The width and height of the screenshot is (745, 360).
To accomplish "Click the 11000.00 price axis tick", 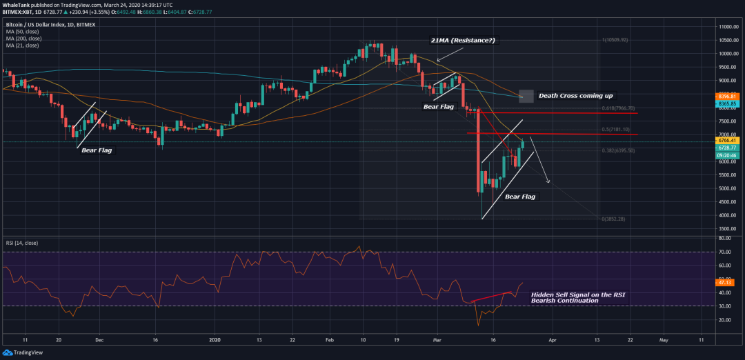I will coord(725,26).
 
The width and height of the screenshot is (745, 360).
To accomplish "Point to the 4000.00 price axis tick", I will coord(724,215).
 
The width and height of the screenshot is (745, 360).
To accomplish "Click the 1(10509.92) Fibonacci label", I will coord(615,39).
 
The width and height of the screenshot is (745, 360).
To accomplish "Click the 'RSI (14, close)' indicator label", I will coord(23,243).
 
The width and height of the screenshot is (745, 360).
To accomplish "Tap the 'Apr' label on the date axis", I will coord(551,340).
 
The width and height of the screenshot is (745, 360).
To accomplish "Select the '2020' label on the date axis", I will coord(215,340).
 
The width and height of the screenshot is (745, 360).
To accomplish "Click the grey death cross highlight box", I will coord(526,96).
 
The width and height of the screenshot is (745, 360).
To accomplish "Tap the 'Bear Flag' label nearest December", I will coord(97,150).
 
